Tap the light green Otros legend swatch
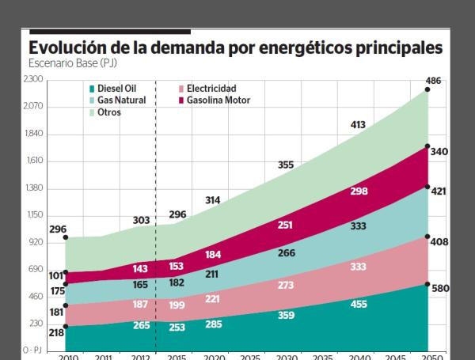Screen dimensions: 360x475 tap(92, 113)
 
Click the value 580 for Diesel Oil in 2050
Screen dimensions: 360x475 tap(440, 289)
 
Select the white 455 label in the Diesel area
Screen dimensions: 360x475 tap(359, 304)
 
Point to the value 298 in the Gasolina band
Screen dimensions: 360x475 tap(359, 191)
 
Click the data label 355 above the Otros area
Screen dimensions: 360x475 tap(286, 165)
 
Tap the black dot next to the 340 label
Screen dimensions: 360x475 tap(427, 146)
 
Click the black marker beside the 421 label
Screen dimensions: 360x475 tap(427, 188)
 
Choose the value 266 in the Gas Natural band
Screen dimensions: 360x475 tap(287, 253)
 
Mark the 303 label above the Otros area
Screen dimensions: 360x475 tap(140, 219)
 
